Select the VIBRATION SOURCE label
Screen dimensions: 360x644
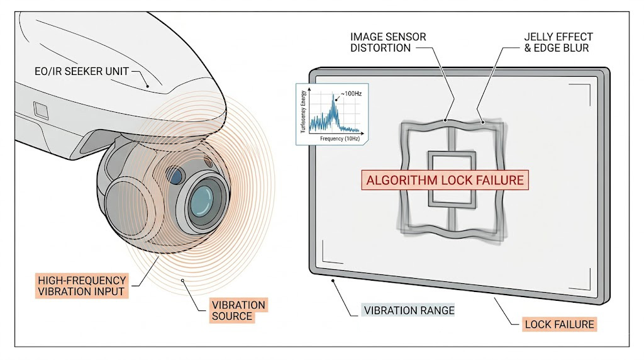(x=238, y=311)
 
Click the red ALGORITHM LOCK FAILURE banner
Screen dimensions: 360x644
(x=445, y=180)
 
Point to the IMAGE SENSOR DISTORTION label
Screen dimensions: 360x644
(x=388, y=43)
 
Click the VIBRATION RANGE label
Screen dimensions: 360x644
(x=409, y=310)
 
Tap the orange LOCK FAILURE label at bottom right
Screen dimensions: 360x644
(x=559, y=325)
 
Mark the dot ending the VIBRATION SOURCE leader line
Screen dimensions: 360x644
(x=182, y=281)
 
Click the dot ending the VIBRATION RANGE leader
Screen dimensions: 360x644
(x=332, y=281)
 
